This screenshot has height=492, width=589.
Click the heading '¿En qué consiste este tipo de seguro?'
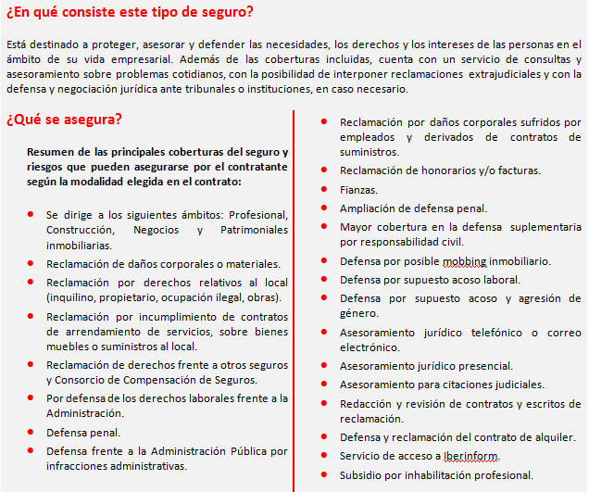130,12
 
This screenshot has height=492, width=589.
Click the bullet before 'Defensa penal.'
32,432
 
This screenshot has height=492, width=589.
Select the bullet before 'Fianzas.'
322,189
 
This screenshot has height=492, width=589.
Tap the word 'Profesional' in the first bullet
260,214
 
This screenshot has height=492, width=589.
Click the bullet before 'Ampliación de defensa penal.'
322,208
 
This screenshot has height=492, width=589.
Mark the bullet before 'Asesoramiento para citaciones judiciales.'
322,385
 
